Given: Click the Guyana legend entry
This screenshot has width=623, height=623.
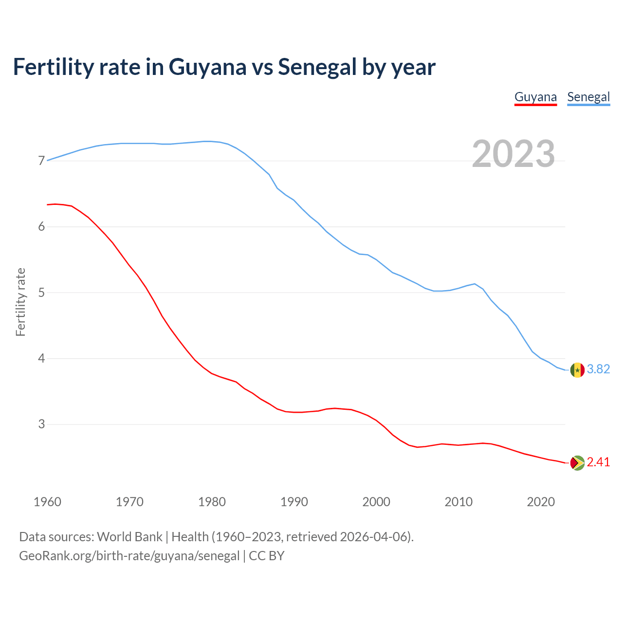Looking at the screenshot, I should point(535,97).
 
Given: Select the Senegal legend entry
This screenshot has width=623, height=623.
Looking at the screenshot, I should point(588,97).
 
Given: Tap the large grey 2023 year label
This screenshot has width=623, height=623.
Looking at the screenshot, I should point(513,154).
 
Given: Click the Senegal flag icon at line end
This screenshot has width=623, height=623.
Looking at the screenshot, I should point(577,370).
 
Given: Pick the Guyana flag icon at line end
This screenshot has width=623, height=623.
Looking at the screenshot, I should point(577,462).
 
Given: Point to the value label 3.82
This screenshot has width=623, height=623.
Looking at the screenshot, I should point(598,369).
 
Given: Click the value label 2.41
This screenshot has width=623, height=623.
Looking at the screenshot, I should point(598,462).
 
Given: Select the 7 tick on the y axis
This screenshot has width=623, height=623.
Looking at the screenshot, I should point(41,161).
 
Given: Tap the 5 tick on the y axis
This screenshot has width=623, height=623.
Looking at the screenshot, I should point(41,293).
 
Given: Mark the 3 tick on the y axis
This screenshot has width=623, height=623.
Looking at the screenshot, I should point(41,424).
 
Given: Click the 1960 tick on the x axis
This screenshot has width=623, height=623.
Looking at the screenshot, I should point(47,502).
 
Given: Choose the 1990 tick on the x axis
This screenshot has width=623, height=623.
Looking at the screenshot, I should point(294,502).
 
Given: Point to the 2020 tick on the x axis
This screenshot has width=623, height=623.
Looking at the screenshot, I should point(541,502).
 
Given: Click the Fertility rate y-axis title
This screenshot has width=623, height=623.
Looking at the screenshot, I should point(20,302).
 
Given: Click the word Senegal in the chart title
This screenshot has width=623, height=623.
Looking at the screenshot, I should point(317,67).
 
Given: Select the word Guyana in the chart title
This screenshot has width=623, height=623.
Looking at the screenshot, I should point(207,67).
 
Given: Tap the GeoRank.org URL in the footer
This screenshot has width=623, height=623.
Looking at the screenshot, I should point(129,556).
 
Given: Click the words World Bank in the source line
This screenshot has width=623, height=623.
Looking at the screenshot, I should point(129,537).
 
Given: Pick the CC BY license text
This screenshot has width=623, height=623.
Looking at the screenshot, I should point(266,556).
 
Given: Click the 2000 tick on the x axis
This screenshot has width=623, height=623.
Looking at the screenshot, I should point(376,502).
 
